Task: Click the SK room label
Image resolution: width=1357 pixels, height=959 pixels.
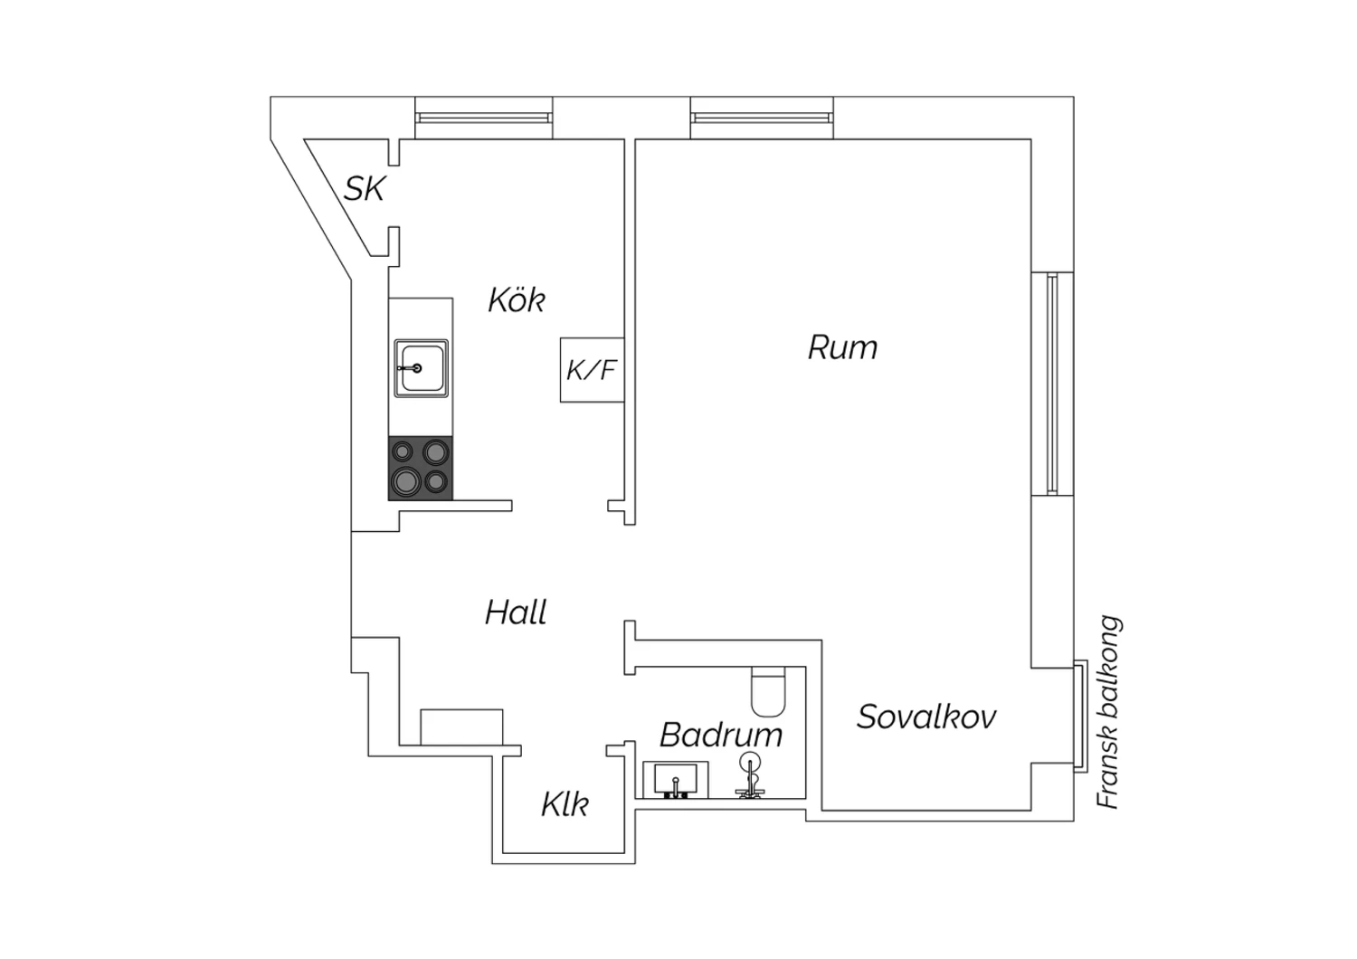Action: tap(365, 189)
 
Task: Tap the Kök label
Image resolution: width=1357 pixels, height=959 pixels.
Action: tap(517, 299)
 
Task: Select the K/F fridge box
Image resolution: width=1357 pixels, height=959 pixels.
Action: tap(592, 369)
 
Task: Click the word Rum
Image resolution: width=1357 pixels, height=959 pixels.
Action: tap(842, 347)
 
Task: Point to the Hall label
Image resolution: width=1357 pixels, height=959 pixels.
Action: tap(516, 612)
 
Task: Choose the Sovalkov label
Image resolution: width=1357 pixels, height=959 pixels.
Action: tap(926, 717)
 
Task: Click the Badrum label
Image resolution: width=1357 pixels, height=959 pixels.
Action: tap(721, 734)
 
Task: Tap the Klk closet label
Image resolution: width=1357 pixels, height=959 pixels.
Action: tap(565, 803)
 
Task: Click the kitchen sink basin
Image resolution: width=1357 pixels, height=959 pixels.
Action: tap(421, 368)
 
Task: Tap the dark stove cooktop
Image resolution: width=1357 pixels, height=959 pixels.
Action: tap(421, 468)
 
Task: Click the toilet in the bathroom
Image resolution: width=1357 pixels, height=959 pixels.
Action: tap(769, 690)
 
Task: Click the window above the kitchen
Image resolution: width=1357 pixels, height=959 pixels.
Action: tap(483, 118)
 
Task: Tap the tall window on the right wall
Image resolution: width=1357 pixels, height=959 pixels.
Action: tap(1052, 384)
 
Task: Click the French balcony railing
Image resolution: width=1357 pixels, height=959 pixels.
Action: tap(1079, 715)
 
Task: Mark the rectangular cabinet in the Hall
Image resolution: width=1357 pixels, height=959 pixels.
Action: tap(461, 727)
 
